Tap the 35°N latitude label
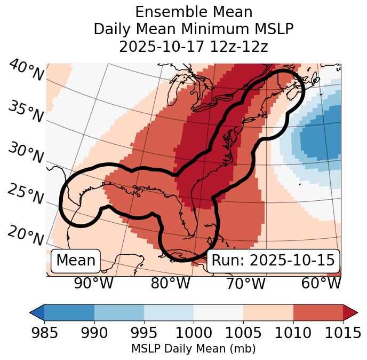click(25, 111)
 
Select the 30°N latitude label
click(25, 153)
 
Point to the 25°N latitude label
click(25, 194)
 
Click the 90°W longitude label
click(94, 283)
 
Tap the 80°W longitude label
click(170, 283)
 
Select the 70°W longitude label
click(245, 283)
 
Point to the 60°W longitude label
click(321, 283)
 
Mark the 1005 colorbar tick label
click(243, 333)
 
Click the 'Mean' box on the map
click(76, 260)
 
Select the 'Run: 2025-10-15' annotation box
click(273, 260)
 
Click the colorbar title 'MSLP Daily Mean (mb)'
click(194, 349)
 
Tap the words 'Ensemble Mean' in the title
click(194, 12)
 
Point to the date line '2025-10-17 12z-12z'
click(194, 46)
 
